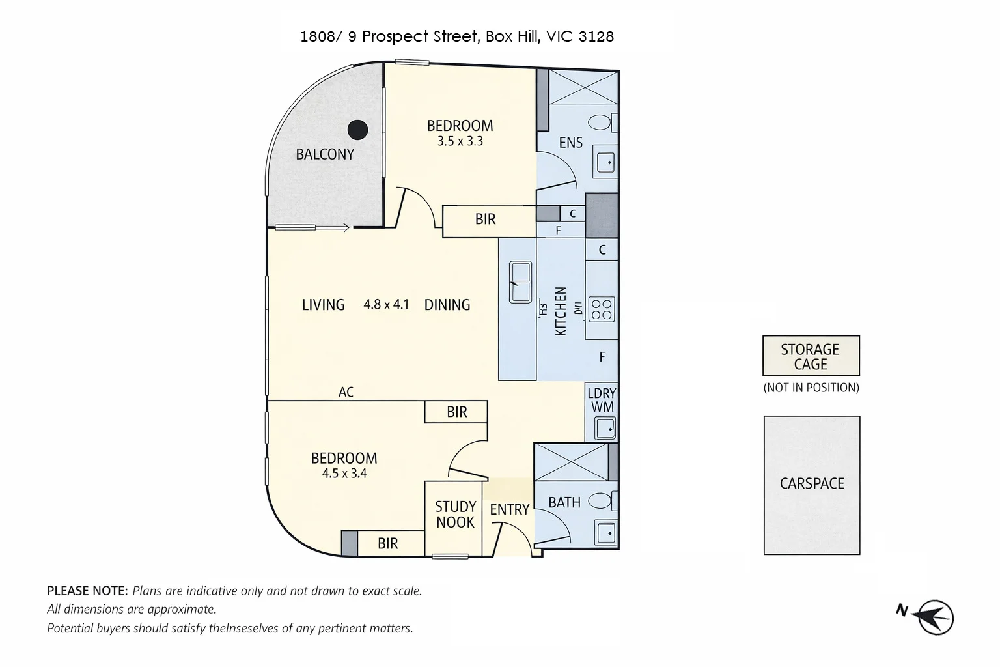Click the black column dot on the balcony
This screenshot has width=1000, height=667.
(357, 130)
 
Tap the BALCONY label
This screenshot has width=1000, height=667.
(325, 154)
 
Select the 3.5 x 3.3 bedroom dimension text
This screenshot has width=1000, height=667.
(460, 141)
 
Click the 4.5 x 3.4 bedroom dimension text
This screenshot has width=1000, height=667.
(344, 474)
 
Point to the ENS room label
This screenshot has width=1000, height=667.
(570, 143)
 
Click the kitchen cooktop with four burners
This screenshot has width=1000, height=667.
(601, 309)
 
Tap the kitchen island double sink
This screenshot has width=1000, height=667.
(520, 281)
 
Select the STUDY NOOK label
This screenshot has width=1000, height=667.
(455, 514)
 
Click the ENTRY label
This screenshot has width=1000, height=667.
(509, 509)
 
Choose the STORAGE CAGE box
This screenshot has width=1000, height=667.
(811, 356)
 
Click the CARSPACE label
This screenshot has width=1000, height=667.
(812, 483)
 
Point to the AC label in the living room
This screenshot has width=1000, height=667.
(346, 392)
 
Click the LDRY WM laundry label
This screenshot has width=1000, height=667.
(601, 400)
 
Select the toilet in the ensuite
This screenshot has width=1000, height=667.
(600, 122)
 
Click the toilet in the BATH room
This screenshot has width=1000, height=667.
(600, 501)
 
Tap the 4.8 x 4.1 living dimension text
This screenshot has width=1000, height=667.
(386, 304)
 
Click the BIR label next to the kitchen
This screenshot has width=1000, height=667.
(485, 220)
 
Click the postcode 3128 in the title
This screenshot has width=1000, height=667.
(596, 36)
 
